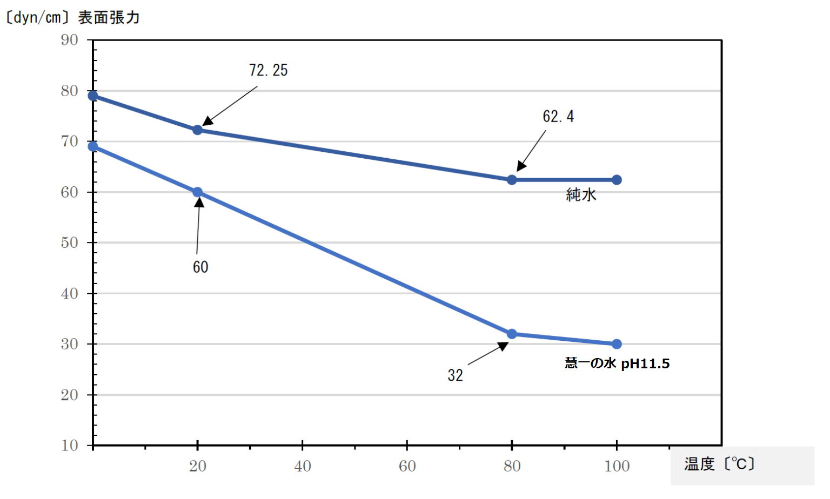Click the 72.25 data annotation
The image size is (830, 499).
pyautogui.click(x=268, y=70)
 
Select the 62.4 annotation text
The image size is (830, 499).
pyautogui.click(x=558, y=117)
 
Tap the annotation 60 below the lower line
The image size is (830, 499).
pyautogui.click(x=200, y=267)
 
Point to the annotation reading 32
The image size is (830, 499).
pyautogui.click(x=455, y=375)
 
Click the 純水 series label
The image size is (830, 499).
pyautogui.click(x=581, y=195)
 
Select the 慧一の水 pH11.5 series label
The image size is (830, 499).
pyautogui.click(x=617, y=363)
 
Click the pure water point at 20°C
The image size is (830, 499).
pyautogui.click(x=198, y=130)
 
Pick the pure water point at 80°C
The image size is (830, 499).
pyautogui.click(x=512, y=180)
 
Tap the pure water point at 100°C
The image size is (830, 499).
pyautogui.click(x=617, y=180)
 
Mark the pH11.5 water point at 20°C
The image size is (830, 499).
pyautogui.click(x=198, y=192)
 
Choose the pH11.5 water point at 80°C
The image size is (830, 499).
pyautogui.click(x=512, y=334)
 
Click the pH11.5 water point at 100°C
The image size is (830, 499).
pyautogui.click(x=617, y=344)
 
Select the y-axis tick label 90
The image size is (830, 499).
pyautogui.click(x=70, y=40)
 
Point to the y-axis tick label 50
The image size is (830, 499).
pyautogui.click(x=70, y=242)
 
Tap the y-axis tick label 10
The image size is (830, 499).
pyautogui.click(x=70, y=446)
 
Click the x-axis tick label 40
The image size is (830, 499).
pyautogui.click(x=303, y=466)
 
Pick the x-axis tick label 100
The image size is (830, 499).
pyautogui.click(x=617, y=466)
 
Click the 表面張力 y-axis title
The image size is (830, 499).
pyautogui.click(x=109, y=18)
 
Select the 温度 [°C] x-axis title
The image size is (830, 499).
pyautogui.click(x=719, y=464)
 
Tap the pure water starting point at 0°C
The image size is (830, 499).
pyautogui.click(x=93, y=96)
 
